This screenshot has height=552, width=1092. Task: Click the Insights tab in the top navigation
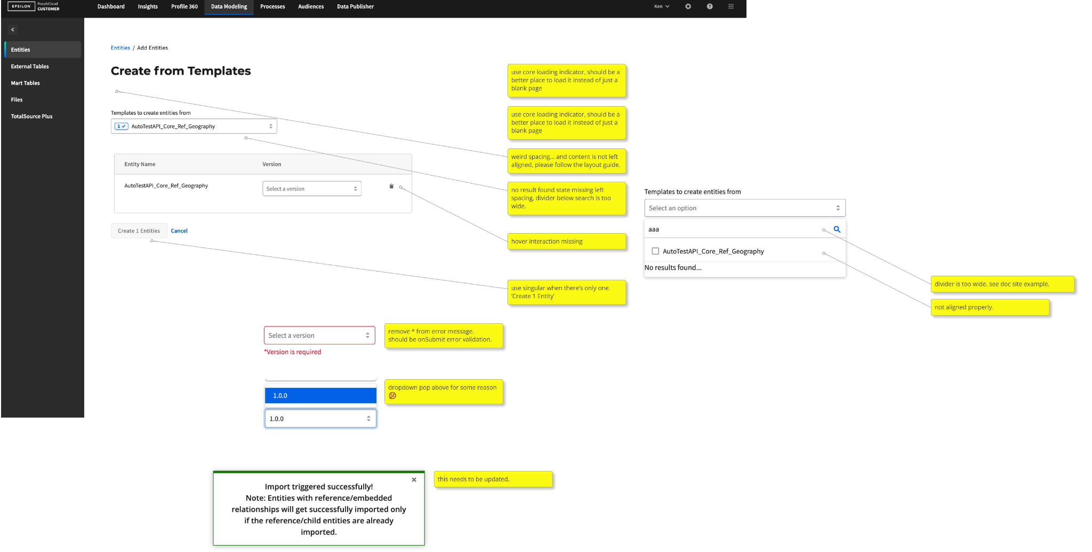tap(148, 6)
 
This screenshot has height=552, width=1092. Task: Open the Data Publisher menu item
tap(355, 6)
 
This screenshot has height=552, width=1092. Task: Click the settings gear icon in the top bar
tap(688, 6)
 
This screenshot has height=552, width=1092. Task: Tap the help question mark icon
tap(710, 6)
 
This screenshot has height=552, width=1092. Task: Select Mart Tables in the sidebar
tap(26, 83)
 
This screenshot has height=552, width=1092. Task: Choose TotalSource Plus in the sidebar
tap(32, 116)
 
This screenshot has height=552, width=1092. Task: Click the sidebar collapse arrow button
tap(13, 30)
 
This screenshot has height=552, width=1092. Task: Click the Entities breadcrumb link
tap(121, 48)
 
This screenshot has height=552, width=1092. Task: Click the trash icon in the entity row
tap(391, 186)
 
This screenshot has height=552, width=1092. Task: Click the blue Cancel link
tap(179, 231)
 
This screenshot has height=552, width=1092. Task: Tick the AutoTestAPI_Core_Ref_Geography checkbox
tap(655, 251)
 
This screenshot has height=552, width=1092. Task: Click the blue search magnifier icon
tap(837, 229)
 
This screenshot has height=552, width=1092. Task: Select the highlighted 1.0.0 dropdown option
tap(320, 396)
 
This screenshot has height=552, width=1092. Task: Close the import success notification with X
tap(414, 480)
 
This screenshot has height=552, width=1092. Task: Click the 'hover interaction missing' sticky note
tap(566, 241)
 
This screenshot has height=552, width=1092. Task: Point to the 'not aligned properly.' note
tap(990, 307)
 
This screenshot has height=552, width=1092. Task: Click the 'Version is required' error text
tap(293, 352)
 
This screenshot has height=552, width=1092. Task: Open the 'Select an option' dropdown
tap(745, 208)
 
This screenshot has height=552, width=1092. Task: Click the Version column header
tap(272, 164)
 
